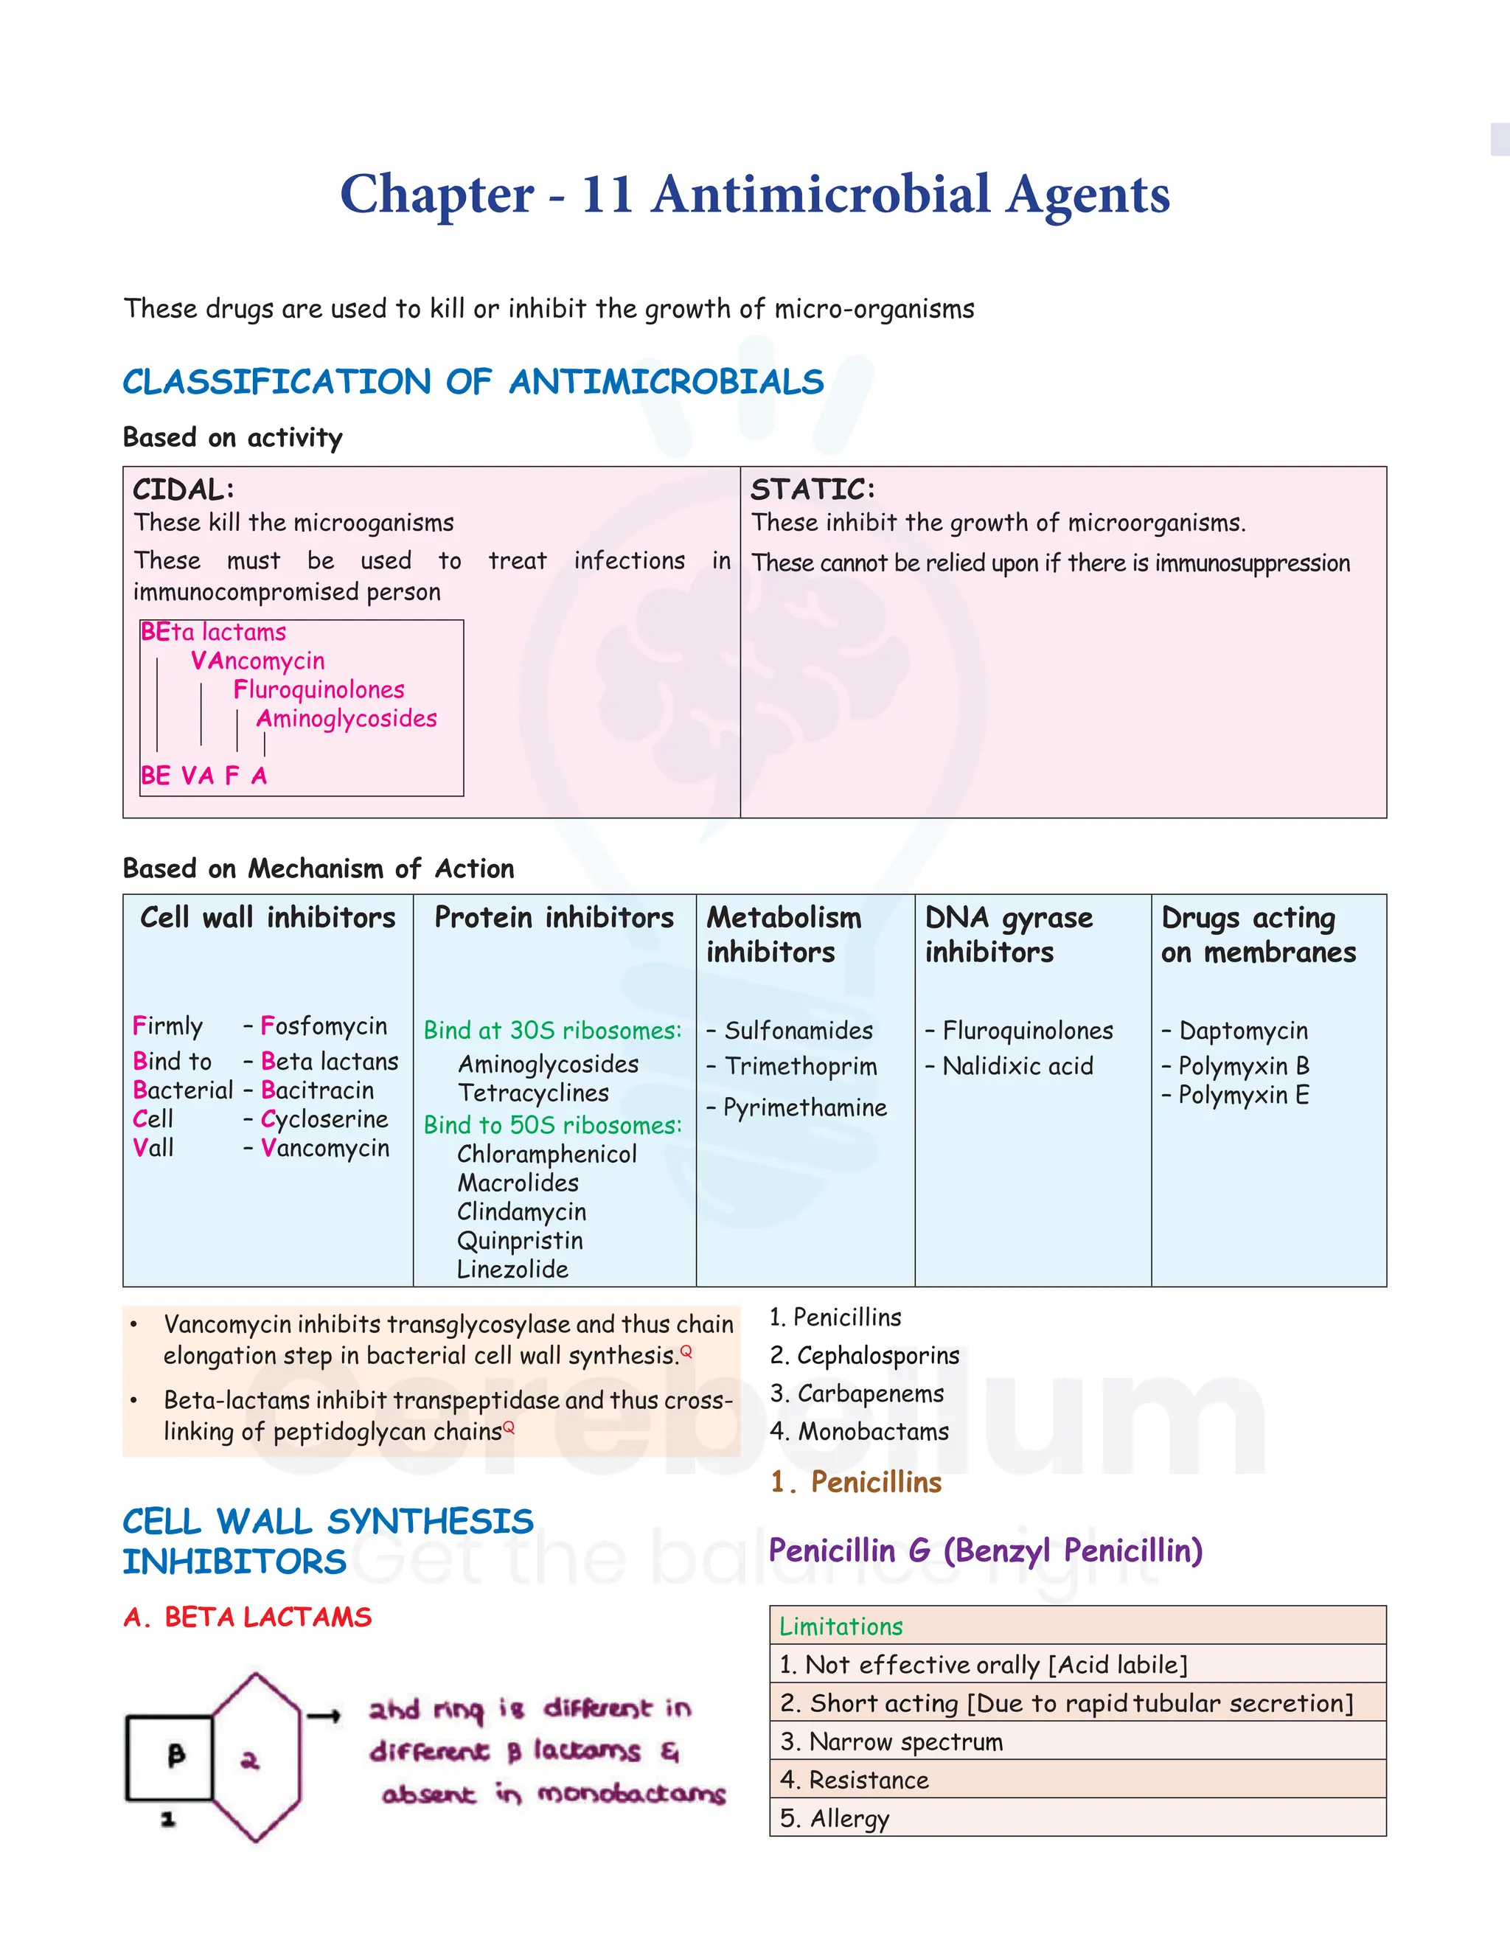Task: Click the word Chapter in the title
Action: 436,195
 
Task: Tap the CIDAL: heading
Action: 183,490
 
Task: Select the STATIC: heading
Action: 813,490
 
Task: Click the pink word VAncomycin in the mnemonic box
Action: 258,661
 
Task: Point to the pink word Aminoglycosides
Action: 347,718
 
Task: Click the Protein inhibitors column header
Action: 554,918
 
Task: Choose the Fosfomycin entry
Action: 324,1026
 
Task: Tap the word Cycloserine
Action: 324,1118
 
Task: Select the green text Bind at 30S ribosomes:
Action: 552,1031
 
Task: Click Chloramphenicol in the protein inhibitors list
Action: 547,1154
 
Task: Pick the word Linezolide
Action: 512,1270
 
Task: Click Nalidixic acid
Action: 1017,1066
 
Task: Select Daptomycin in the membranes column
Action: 1243,1031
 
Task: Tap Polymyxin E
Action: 1243,1096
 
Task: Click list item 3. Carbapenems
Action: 857,1393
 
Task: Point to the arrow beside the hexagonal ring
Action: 324,1717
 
